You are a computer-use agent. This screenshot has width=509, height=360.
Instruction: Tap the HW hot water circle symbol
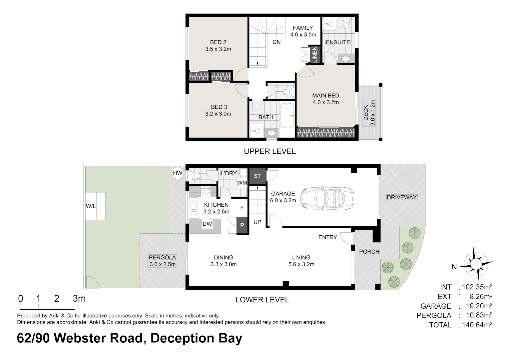click(x=178, y=173)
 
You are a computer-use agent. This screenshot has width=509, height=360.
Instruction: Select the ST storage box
click(x=257, y=176)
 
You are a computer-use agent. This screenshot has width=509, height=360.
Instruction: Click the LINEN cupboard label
click(x=314, y=54)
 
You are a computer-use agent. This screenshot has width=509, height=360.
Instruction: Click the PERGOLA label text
click(x=162, y=257)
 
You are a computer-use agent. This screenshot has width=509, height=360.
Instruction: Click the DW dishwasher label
click(x=207, y=224)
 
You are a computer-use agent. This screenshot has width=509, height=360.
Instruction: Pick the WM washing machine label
click(x=242, y=183)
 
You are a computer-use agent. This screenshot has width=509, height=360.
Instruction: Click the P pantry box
click(x=242, y=225)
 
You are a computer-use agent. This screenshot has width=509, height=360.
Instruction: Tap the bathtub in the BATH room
click(x=287, y=115)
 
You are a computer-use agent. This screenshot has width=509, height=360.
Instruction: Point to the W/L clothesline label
click(x=91, y=206)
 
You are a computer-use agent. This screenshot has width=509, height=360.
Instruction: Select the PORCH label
click(x=369, y=252)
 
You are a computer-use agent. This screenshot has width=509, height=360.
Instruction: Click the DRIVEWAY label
click(x=401, y=197)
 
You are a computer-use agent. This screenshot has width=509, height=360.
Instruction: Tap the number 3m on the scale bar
click(x=79, y=298)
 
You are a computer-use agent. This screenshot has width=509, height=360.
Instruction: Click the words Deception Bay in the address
click(x=196, y=338)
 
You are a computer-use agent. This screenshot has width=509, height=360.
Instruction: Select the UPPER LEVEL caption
click(x=269, y=151)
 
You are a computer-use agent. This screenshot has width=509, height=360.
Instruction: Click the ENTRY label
click(x=327, y=237)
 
